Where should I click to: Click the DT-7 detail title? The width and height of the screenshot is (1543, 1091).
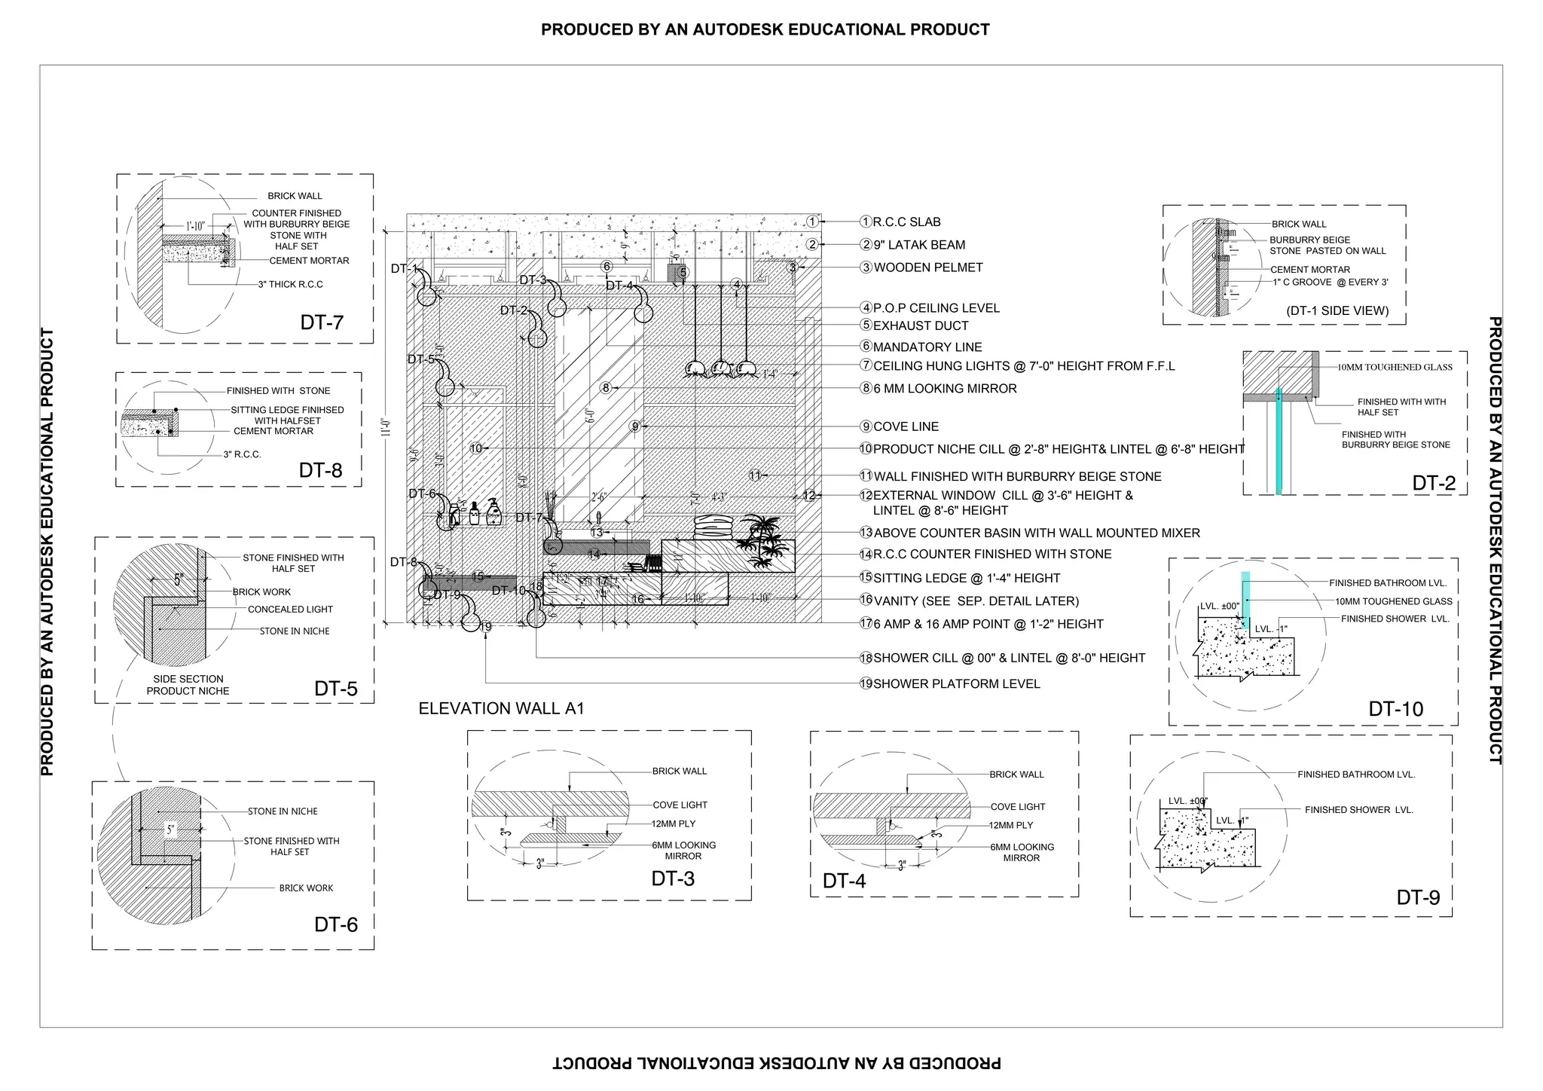[x=322, y=322]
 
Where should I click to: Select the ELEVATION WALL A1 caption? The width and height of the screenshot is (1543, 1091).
[x=501, y=708]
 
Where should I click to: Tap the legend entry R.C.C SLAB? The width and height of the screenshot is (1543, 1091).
[x=906, y=222]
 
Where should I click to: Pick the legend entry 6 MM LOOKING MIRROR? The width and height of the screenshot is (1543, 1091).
[x=945, y=389]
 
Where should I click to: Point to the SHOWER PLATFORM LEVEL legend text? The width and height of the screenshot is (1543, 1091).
[x=956, y=684]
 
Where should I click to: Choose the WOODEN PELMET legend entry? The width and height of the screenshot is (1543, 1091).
[x=927, y=267]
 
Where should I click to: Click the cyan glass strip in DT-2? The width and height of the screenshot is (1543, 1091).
[x=1279, y=441]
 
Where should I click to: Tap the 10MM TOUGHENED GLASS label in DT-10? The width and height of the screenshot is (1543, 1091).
[x=1394, y=601]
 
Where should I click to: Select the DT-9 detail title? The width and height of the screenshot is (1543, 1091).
[x=1418, y=897]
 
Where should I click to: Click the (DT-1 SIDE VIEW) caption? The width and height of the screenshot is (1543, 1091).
[x=1337, y=310]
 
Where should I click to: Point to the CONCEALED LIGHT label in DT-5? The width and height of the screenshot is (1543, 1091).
[x=290, y=610]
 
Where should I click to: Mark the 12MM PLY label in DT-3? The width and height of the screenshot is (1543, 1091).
[x=674, y=824]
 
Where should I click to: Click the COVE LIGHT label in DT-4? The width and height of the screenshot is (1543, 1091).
[x=1017, y=807]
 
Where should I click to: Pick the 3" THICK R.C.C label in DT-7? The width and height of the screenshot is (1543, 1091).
[x=290, y=285]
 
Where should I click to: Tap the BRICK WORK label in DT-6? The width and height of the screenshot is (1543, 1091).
[x=306, y=888]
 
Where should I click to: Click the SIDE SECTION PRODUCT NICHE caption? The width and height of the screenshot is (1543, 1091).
[x=188, y=685]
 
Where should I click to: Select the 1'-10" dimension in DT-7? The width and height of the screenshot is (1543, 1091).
[x=195, y=225]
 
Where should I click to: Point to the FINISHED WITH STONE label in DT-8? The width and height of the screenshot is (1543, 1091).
[x=278, y=391]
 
